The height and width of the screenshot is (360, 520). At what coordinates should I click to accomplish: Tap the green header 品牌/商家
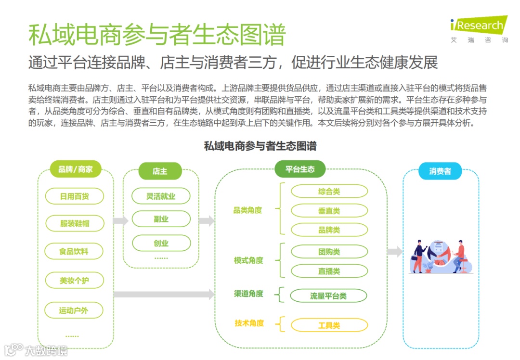[x=76, y=169]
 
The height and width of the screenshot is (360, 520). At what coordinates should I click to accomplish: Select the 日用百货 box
[x=75, y=196]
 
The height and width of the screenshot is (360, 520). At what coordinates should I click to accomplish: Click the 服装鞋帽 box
[x=75, y=223]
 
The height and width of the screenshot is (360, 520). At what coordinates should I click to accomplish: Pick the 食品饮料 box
[x=74, y=251]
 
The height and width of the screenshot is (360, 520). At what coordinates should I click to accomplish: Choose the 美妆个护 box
[x=74, y=280]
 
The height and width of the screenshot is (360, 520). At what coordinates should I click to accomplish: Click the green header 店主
[x=160, y=171]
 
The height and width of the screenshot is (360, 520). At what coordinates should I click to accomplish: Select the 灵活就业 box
[x=161, y=196]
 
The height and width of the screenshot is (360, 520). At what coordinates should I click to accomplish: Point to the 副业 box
[x=161, y=219]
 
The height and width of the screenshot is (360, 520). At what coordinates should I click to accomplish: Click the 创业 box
[x=161, y=244]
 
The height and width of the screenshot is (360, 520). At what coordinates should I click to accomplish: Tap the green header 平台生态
[x=300, y=169]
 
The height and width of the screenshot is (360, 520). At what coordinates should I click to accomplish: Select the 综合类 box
[x=329, y=192]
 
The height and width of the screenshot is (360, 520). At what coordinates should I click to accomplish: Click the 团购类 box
[x=329, y=252]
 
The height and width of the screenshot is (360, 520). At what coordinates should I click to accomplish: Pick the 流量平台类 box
[x=328, y=296]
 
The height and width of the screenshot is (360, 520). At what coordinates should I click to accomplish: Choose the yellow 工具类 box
[x=329, y=326]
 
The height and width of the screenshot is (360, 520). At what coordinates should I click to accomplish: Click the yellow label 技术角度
[x=249, y=323]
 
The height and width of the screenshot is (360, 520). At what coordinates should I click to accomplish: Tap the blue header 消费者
[x=440, y=171]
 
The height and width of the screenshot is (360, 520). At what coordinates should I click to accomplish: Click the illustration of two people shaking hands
[x=441, y=256]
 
